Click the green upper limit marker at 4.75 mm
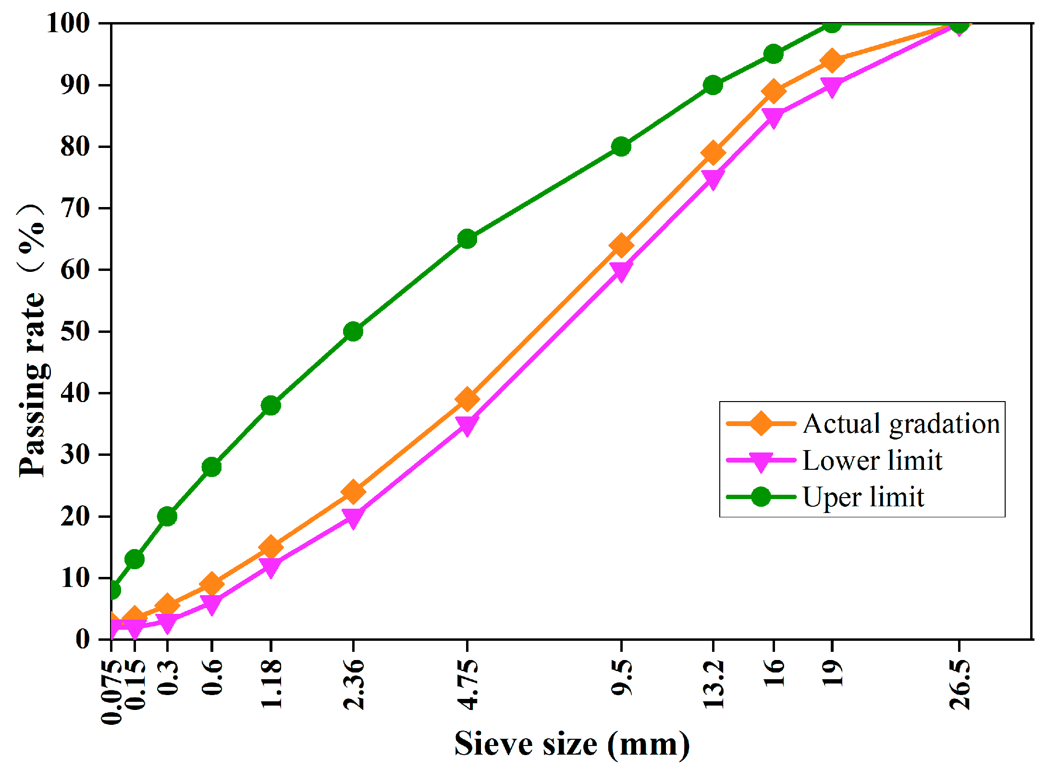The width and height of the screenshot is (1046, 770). point(467,239)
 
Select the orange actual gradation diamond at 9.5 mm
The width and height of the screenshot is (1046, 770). point(621,245)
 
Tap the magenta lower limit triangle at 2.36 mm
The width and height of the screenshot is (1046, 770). point(353,517)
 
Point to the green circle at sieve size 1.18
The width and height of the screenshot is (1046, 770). point(271,405)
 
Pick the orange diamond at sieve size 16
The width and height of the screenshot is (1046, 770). point(773,91)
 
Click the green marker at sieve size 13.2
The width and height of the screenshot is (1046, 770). point(713,85)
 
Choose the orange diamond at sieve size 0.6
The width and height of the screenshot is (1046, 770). point(211,584)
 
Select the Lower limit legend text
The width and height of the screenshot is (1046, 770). point(872,461)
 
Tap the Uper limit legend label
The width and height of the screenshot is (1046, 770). point(863,497)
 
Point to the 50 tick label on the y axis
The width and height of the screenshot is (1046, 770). point(75,331)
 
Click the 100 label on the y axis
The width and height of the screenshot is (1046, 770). point(68,23)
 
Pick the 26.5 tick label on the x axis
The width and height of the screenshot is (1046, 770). point(959,684)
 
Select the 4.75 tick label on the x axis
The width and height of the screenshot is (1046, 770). point(467,684)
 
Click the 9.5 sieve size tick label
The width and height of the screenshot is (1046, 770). point(621,677)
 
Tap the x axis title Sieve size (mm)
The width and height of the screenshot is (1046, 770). point(572,744)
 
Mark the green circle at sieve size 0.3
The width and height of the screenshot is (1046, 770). point(167,516)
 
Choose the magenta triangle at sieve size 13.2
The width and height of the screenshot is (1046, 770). point(713,179)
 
